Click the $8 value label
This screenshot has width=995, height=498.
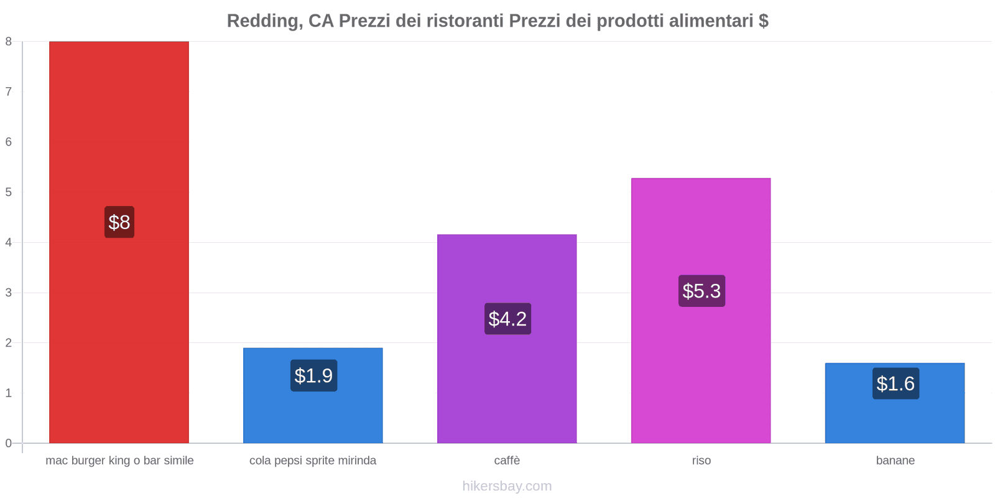(119, 222)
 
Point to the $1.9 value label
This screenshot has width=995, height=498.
(313, 375)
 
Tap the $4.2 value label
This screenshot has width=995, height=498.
(507, 319)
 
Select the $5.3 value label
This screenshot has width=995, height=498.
(701, 291)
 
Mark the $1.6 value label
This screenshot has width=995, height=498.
(895, 383)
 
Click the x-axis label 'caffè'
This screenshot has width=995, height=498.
(507, 461)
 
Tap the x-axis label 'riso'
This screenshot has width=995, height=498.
(701, 461)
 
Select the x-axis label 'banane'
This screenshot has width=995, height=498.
(895, 461)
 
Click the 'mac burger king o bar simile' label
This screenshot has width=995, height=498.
(119, 461)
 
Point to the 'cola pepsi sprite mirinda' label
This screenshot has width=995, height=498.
(313, 461)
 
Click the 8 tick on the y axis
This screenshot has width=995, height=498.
(9, 42)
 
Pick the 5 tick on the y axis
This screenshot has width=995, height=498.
(9, 192)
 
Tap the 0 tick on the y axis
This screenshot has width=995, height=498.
(9, 443)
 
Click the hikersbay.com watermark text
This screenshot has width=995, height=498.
(507, 486)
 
